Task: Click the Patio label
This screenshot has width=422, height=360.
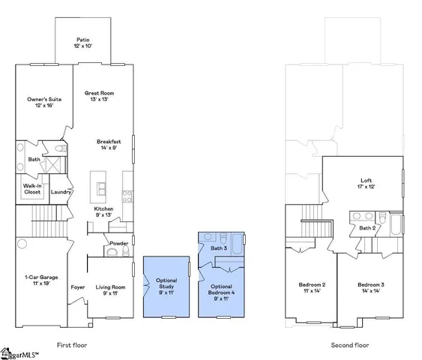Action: [x=83, y=43]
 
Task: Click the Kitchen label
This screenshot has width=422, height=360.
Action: [x=103, y=212]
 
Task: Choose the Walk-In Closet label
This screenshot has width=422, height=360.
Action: [x=32, y=188]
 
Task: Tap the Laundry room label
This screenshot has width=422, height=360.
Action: [x=60, y=192]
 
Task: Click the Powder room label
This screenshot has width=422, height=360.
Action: [x=118, y=244]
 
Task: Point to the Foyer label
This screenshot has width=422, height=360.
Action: [x=77, y=287]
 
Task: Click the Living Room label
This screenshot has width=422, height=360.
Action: [x=109, y=289]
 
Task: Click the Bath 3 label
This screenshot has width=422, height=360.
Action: [x=218, y=247]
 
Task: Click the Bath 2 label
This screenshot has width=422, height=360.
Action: [x=367, y=228]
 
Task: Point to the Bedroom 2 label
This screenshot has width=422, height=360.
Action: [x=312, y=288]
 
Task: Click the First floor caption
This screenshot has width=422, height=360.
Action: [x=74, y=346]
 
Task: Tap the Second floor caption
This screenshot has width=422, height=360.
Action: [x=349, y=346]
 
